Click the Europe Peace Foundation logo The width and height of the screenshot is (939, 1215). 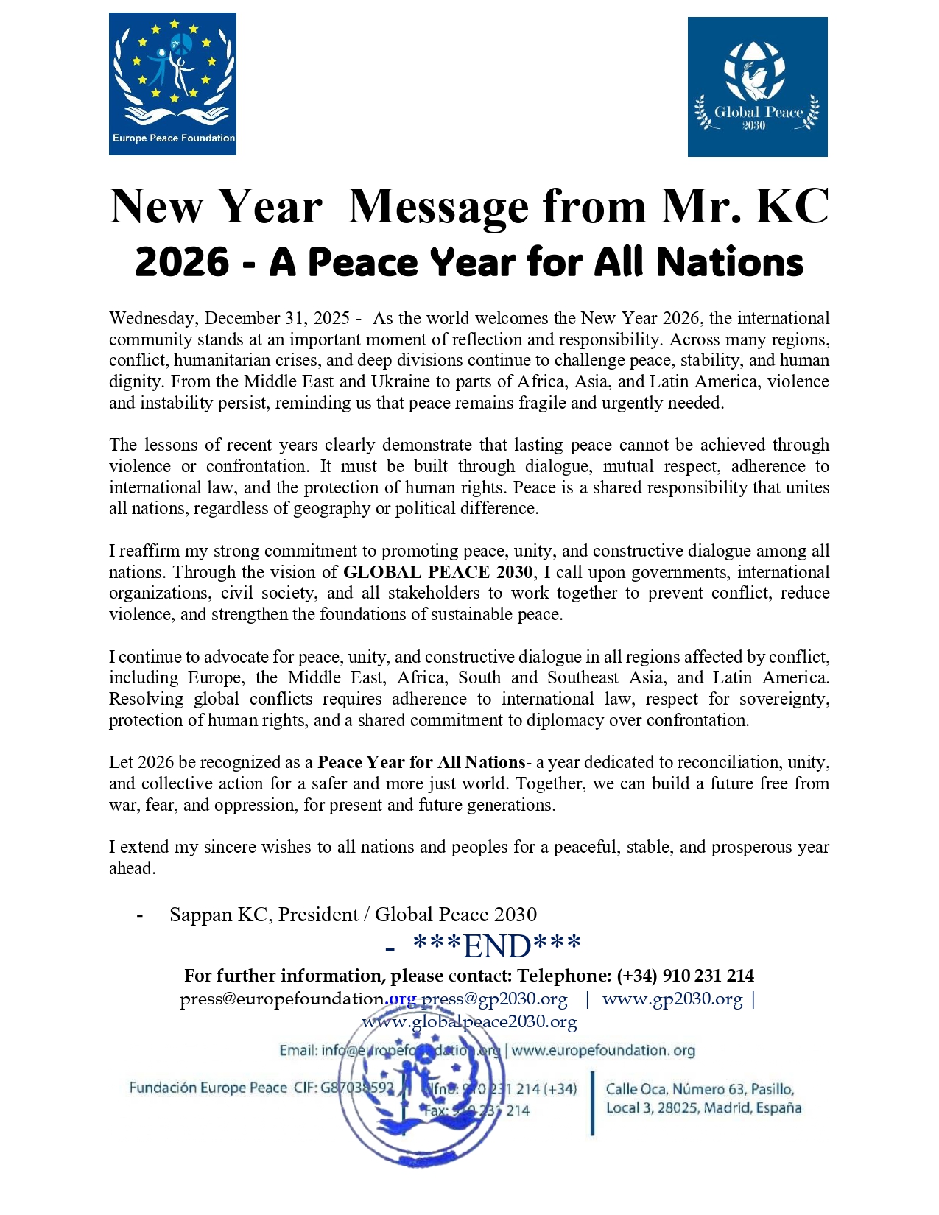click(172, 83)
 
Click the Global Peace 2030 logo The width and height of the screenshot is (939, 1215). click(757, 87)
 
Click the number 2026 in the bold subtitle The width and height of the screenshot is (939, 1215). click(182, 262)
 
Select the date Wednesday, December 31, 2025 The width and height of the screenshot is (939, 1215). click(229, 318)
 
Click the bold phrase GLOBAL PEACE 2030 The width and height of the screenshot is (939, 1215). click(437, 572)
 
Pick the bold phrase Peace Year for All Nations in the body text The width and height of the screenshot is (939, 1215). click(421, 762)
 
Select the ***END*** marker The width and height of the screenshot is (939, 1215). click(496, 946)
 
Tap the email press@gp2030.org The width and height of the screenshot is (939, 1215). click(494, 999)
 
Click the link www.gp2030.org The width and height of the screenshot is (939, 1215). click(672, 999)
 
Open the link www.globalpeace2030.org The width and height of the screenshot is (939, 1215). click(469, 1021)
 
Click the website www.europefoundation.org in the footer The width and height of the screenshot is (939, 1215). click(603, 1050)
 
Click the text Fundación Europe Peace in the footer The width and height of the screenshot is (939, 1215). click(208, 1088)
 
